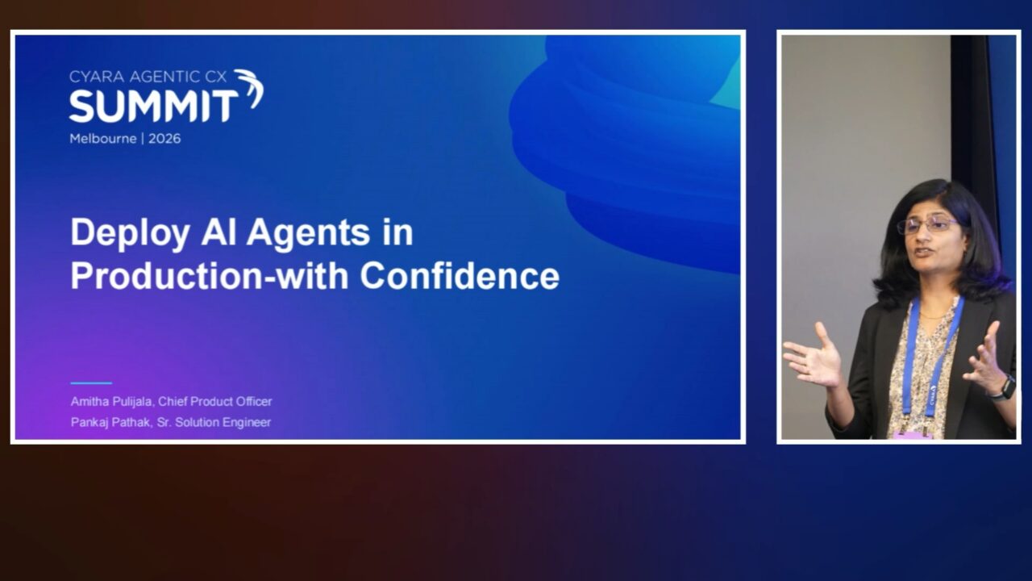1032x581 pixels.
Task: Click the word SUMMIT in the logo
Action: point(153,106)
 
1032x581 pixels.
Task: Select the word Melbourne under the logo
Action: point(103,139)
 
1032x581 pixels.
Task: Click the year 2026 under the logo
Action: point(164,139)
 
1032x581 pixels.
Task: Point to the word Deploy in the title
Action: point(130,234)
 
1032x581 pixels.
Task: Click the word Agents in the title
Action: point(308,234)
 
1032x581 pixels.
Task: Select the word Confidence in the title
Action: point(460,276)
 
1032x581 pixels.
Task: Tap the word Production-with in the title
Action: point(209,276)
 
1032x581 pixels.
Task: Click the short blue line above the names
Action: point(91,382)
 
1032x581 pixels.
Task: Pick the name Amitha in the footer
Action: point(89,402)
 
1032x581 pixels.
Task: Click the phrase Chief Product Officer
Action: point(214,402)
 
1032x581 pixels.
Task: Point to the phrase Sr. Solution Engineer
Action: point(214,422)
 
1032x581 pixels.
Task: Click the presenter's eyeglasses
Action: point(926,225)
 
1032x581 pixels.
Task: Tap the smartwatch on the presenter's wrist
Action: point(1005,387)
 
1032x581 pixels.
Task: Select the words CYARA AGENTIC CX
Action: point(148,77)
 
